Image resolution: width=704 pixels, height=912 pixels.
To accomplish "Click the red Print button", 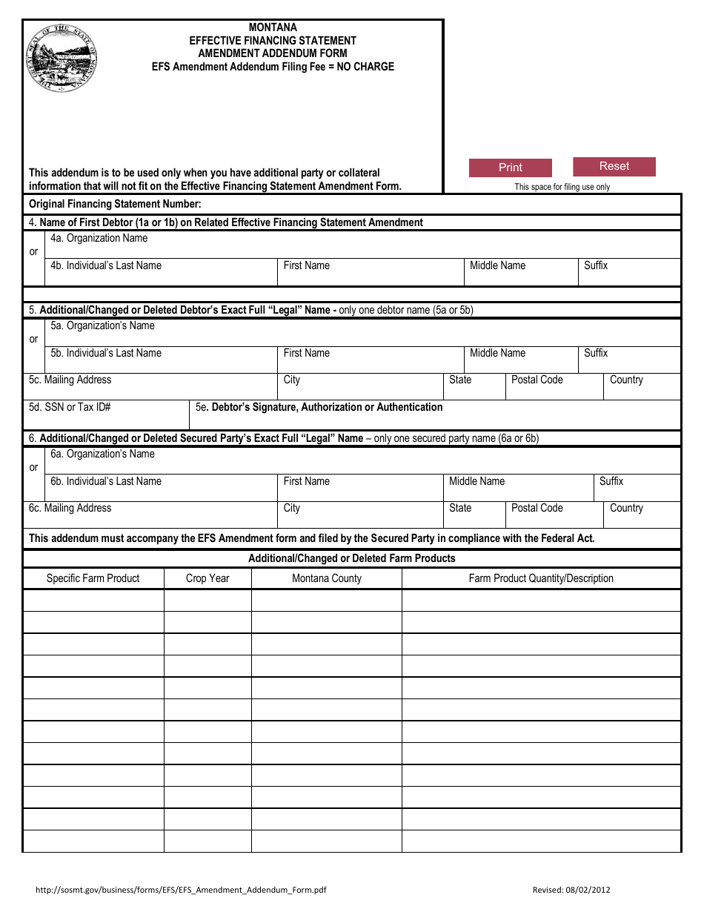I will [x=510, y=168].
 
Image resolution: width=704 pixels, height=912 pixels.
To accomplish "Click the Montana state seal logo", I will [x=63, y=58].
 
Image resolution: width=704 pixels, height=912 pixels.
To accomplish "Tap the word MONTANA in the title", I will [x=273, y=27].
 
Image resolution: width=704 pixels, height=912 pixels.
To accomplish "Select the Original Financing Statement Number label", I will [x=115, y=204].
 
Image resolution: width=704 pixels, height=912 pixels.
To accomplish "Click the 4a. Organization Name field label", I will [x=99, y=238].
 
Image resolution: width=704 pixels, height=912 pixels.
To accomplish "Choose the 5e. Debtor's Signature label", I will [x=319, y=407].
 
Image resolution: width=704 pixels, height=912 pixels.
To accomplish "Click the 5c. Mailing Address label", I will [x=70, y=380].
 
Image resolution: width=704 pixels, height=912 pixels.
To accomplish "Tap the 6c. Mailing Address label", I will [x=70, y=508].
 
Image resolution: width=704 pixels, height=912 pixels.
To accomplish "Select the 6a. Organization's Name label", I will [x=102, y=454].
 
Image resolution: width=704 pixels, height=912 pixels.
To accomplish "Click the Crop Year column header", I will [x=207, y=578].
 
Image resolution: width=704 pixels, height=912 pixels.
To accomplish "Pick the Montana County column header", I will [x=327, y=578].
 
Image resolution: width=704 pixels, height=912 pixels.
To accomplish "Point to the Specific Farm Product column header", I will [x=93, y=578].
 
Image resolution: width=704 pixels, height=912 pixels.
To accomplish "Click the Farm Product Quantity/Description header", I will [x=541, y=578].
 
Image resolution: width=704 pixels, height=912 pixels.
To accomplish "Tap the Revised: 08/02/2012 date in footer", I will [x=571, y=890].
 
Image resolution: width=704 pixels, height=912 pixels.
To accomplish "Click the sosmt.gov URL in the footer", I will [x=181, y=890].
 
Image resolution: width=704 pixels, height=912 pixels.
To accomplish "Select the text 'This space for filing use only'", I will [x=562, y=187].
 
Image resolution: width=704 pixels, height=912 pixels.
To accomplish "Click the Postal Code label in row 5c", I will [x=537, y=380].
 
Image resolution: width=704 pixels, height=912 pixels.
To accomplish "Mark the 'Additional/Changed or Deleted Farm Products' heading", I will [x=352, y=558].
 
